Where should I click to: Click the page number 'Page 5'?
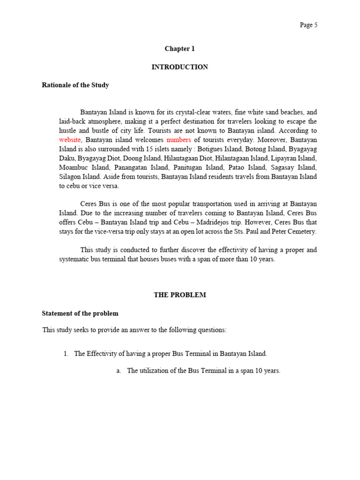(308, 25)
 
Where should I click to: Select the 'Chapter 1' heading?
(180, 49)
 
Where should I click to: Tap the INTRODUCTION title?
(180, 67)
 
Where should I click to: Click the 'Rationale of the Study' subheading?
(75, 85)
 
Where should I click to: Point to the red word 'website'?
(70, 140)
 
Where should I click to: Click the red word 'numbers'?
(179, 140)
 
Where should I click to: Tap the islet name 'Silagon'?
(71, 177)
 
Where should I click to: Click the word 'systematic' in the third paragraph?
(75, 259)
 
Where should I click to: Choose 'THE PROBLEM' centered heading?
(180, 295)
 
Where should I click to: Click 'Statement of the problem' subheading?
(80, 314)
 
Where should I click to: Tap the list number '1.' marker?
(66, 354)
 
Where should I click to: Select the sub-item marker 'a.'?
(119, 371)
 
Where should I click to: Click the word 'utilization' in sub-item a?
(154, 371)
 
